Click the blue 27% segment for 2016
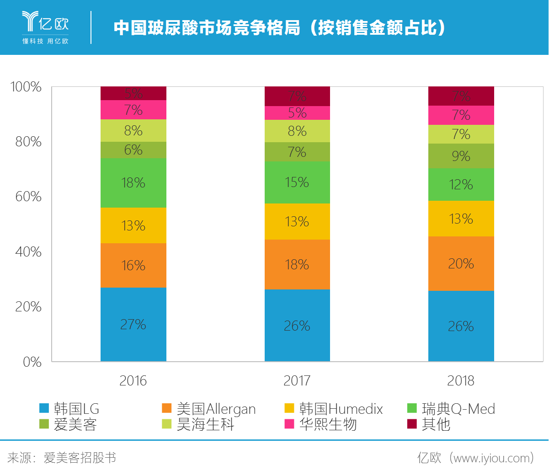133,324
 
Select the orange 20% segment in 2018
461,263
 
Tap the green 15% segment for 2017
297,182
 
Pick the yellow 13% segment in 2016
133,225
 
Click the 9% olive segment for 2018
461,156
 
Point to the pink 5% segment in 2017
297,113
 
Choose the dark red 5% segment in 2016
133,93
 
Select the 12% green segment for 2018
461,184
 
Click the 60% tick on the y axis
28,197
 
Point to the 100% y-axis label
26,87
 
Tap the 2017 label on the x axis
297,380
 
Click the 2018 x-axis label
461,380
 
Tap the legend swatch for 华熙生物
289,424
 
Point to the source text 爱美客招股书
80,458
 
